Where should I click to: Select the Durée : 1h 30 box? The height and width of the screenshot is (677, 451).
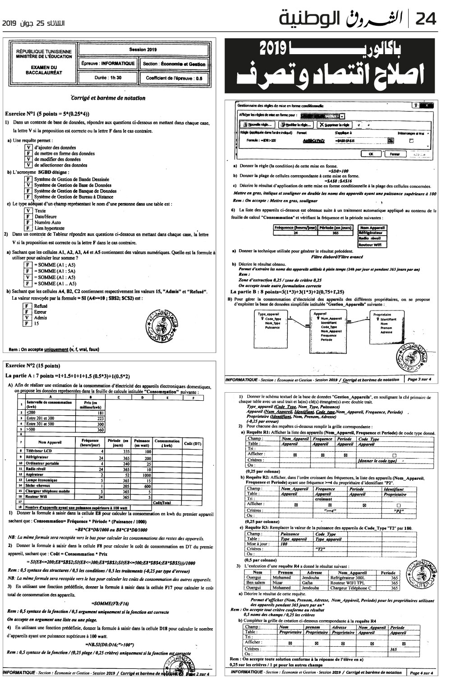(107, 78)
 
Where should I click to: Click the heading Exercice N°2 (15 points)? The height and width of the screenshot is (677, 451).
(32, 366)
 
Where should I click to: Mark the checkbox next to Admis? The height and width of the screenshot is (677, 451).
(28, 318)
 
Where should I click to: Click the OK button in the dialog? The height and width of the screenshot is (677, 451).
(371, 153)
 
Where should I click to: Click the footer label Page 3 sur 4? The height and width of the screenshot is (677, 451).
(419, 380)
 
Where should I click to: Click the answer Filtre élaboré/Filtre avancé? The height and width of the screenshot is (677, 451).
(337, 257)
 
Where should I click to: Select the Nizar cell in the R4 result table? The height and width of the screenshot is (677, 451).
(280, 583)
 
